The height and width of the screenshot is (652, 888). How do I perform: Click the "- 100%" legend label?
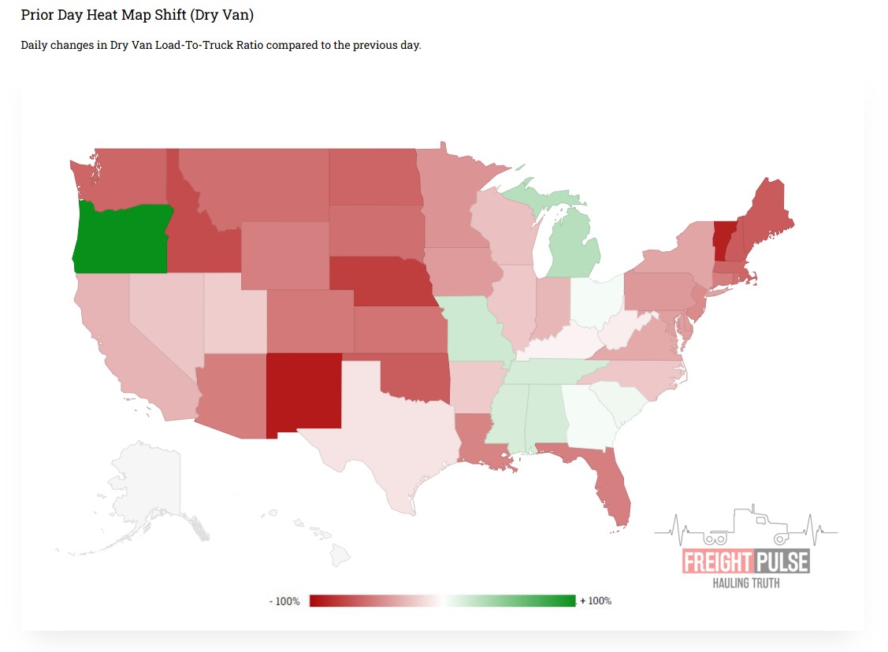click(x=284, y=601)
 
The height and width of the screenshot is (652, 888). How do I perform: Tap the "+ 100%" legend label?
click(x=596, y=601)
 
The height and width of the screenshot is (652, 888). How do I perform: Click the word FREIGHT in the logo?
click(x=717, y=562)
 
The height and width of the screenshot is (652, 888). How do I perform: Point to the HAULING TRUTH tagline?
click(x=745, y=583)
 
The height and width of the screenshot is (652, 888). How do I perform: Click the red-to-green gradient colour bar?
click(x=442, y=601)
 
